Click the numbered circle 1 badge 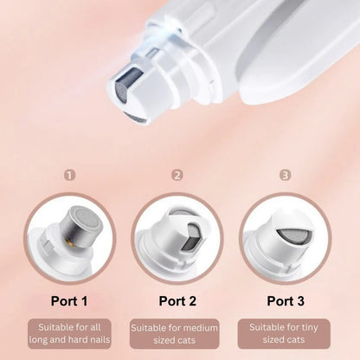click(x=70, y=175)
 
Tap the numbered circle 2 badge click(x=178, y=175)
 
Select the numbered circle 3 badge click(x=286, y=175)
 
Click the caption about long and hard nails click(x=70, y=333)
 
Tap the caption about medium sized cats click(x=178, y=334)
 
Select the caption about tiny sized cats click(x=286, y=334)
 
